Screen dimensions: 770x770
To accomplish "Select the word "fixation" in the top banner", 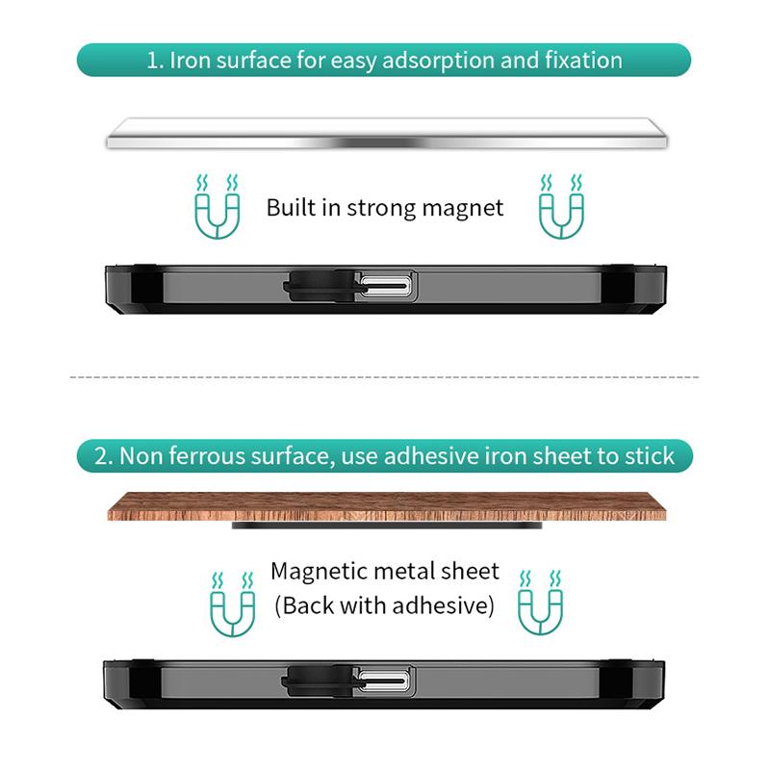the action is point(583,61).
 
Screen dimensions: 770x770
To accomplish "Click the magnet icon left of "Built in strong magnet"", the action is point(218,206).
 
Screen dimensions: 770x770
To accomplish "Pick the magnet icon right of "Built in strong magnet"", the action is point(561,206).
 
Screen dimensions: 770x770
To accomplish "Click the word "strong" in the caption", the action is point(380,209).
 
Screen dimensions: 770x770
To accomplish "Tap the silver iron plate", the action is point(387,134).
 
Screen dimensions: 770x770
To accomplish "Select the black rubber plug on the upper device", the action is point(320,285).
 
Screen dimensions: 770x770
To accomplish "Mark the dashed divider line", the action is point(384,377).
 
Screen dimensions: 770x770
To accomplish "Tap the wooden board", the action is point(387,506).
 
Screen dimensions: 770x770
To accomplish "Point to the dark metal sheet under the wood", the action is point(387,526).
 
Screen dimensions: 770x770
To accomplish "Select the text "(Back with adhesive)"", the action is point(384,605).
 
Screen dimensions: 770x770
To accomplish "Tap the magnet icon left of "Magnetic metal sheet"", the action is point(232,604).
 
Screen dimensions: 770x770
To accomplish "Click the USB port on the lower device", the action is point(383,680).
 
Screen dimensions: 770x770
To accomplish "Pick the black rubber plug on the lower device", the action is point(318,681).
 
